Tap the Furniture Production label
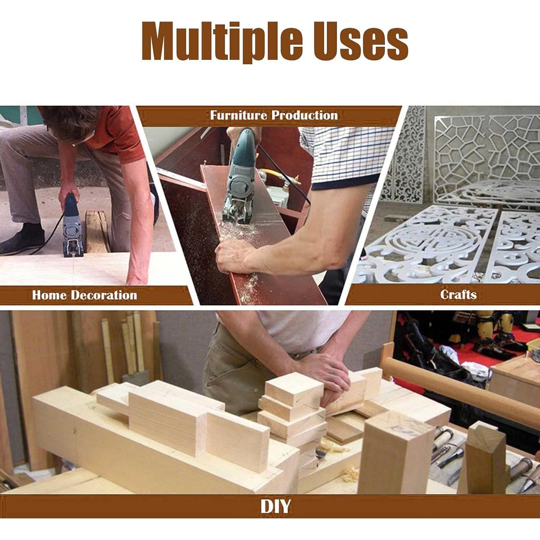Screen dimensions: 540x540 (x=274, y=115)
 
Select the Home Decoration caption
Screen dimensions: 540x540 (x=85, y=295)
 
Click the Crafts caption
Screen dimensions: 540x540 (x=458, y=294)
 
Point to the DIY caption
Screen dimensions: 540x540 (x=275, y=507)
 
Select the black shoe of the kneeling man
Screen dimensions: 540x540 (x=22, y=239)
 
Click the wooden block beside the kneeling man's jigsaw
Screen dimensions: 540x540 (x=96, y=230)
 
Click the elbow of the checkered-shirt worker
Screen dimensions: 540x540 (x=324, y=259)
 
